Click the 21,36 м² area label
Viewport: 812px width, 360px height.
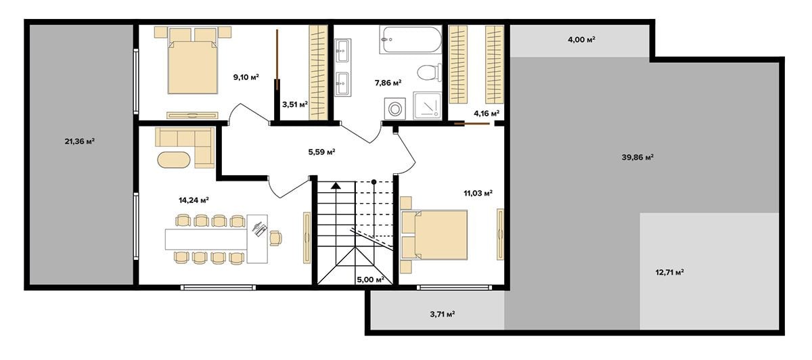[x=80, y=141]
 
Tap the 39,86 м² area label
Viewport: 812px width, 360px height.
[x=637, y=158]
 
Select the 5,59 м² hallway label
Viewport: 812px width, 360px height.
[x=321, y=152]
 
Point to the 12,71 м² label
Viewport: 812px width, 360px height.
[x=669, y=272]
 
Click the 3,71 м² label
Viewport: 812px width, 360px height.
[x=443, y=314]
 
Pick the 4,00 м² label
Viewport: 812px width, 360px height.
[x=581, y=39]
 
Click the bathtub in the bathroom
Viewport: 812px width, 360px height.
[x=411, y=39]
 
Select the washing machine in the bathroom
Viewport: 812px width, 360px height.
[x=394, y=108]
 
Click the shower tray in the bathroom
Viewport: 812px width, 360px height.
[x=428, y=106]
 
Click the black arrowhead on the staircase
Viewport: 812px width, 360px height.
[x=336, y=185]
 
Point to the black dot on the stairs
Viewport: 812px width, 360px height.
[x=374, y=181]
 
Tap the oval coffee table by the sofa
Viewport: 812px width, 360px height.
[x=174, y=160]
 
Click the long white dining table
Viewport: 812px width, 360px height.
[x=206, y=239]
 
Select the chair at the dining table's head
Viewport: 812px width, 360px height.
[x=275, y=238]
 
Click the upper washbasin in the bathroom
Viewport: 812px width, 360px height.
[x=342, y=51]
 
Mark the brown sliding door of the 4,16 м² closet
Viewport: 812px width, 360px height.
[x=472, y=124]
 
